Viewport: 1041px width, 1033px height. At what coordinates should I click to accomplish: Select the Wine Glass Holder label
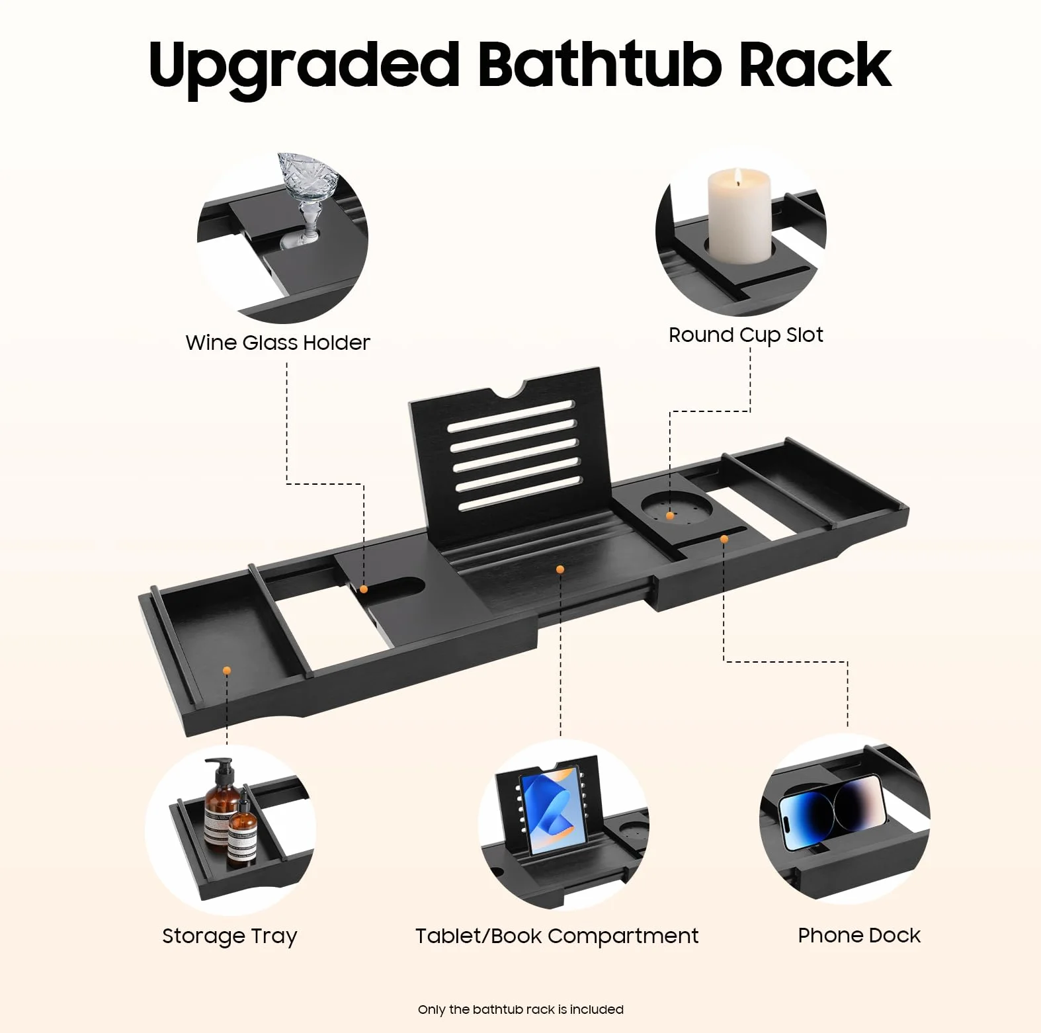278,343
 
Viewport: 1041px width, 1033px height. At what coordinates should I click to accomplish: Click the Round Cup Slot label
746,335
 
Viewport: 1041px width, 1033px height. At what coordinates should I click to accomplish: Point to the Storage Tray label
229,936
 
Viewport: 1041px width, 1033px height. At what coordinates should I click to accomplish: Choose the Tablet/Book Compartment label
557,936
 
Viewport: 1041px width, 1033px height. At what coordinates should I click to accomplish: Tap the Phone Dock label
859,935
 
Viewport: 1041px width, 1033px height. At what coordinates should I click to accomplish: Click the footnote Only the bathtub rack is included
520,1009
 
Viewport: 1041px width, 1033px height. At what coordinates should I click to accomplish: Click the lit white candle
739,216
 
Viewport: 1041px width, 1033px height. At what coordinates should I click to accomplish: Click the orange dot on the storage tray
227,671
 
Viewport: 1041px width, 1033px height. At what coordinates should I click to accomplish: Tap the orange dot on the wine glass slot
364,589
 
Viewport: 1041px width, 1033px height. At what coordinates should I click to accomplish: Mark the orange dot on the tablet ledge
560,569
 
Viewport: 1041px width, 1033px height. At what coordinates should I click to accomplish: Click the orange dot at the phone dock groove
724,540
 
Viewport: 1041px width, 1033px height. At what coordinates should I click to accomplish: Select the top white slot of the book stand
511,416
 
